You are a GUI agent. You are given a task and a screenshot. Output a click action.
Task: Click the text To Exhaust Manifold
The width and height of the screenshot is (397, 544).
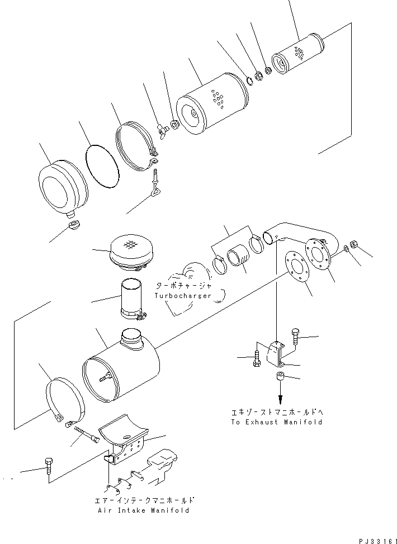pyautogui.click(x=276, y=422)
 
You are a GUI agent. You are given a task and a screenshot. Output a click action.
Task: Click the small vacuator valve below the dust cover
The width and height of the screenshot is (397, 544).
pyautogui.click(x=72, y=225)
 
